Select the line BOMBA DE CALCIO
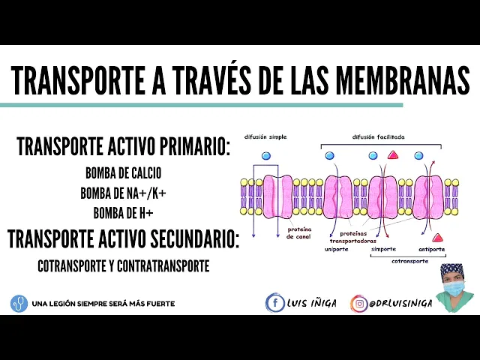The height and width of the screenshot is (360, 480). tap(123, 173)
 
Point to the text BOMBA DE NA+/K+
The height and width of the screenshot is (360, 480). tap(123, 193)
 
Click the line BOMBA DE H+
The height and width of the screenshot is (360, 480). tap(123, 212)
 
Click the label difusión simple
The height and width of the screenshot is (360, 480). tap(266, 137)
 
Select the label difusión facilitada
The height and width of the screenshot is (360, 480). tap(378, 137)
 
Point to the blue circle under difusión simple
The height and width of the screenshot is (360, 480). tap(265, 156)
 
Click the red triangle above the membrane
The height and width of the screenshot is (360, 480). tap(392, 156)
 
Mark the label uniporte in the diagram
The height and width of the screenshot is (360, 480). tap(337, 249)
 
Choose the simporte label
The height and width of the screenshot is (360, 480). tap(383, 249)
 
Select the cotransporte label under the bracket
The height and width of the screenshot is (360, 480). tap(409, 262)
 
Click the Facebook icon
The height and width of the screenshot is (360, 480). tap(275, 303)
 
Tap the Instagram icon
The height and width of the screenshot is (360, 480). tap(359, 303)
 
